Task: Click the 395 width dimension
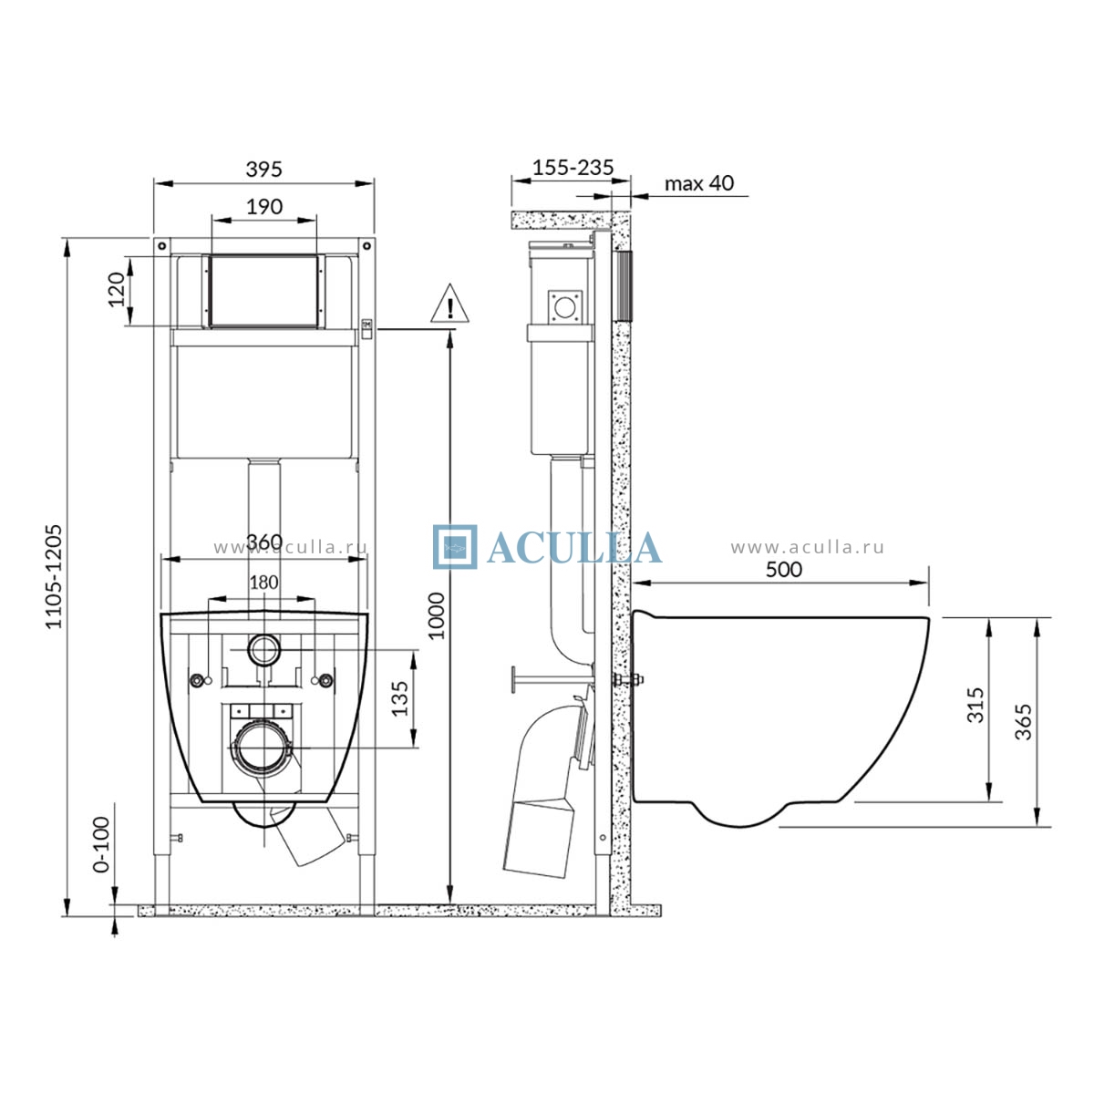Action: [264, 170]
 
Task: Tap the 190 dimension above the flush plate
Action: [264, 207]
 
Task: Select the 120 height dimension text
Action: [117, 290]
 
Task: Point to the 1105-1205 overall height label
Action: [54, 576]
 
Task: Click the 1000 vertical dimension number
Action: [436, 616]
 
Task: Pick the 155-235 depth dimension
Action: [573, 168]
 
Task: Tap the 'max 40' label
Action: [699, 183]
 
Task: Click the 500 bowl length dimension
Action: [783, 570]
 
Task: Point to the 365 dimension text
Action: [1023, 722]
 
